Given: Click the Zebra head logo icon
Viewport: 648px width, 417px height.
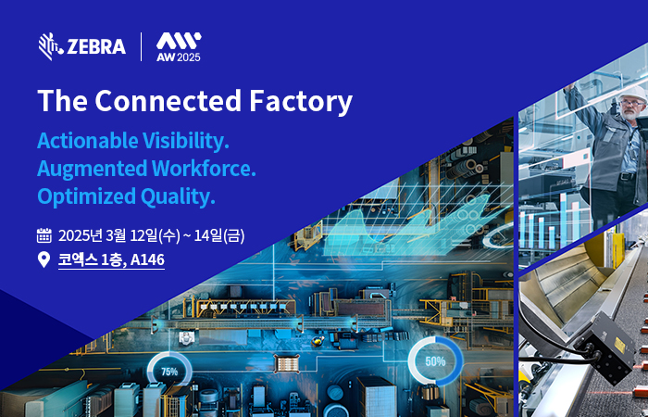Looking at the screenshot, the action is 51,46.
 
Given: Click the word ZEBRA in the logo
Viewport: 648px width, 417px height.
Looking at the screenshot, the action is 96,46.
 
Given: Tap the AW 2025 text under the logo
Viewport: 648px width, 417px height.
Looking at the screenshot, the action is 179,57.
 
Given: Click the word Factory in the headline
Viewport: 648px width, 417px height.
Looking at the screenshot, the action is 301,102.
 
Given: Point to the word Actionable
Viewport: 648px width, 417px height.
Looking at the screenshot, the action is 88,141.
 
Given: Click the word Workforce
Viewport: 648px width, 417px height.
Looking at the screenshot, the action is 204,169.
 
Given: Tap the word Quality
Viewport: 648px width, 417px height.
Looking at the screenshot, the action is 178,196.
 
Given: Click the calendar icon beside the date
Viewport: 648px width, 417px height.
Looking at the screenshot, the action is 44,235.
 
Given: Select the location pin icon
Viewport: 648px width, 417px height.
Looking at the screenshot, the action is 44,259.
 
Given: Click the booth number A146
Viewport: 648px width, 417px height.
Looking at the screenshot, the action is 147,259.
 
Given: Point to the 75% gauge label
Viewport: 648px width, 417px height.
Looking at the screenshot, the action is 169,372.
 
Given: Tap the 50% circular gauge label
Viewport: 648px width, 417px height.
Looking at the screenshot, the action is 435,361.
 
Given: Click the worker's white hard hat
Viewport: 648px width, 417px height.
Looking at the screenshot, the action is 633,93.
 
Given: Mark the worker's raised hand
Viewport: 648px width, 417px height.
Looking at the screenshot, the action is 570,88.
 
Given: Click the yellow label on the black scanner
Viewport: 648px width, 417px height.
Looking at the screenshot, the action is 620,345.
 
